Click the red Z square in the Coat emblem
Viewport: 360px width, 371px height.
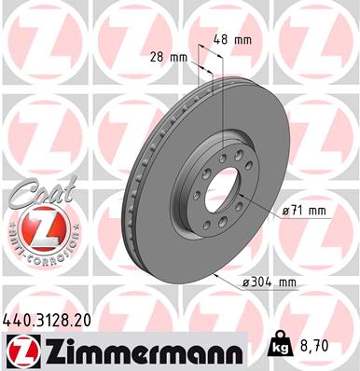pos(35,227)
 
